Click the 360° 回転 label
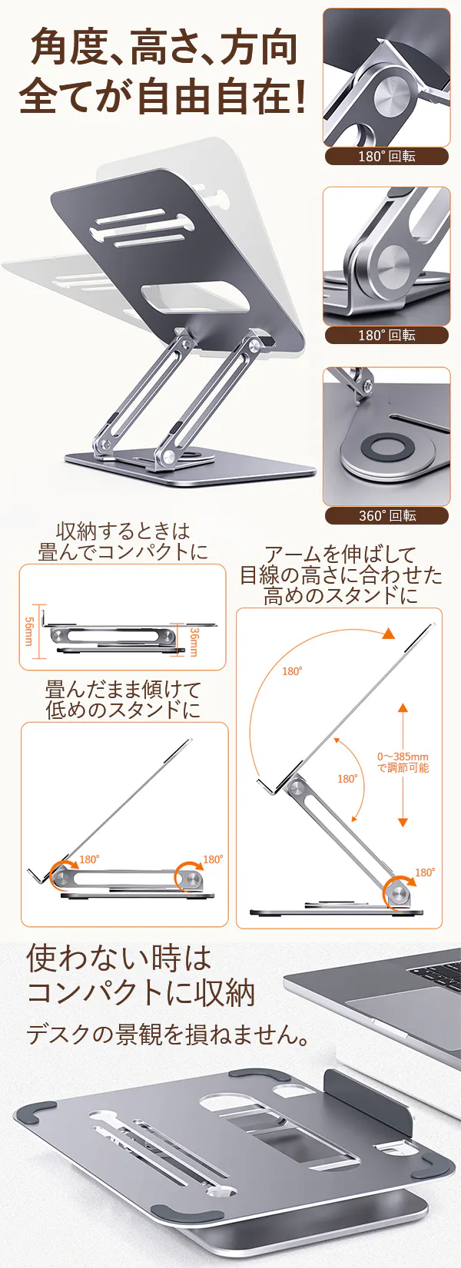[387, 515]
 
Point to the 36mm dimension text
[193, 642]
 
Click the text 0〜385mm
[403, 756]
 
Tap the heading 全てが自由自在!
[163, 96]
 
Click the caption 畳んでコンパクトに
[124, 551]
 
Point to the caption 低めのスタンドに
[124, 710]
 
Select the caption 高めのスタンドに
[340, 595]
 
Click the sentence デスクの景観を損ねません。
[168, 1035]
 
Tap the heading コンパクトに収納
[141, 993]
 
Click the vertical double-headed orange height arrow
[403, 765]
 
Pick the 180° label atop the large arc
[292, 671]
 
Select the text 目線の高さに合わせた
[340, 574]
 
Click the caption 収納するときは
[124, 531]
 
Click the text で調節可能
[403, 767]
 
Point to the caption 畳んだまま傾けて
[124, 689]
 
